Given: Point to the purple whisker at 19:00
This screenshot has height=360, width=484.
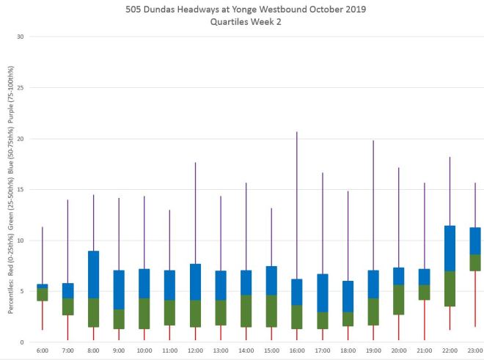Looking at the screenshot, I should tap(373, 205).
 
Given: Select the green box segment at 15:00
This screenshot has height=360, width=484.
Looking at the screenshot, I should tap(271, 311).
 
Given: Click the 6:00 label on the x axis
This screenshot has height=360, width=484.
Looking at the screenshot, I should tap(43, 351).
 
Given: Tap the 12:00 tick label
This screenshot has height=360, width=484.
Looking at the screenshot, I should tap(195, 351).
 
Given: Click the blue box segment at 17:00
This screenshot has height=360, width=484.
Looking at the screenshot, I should tap(322, 293).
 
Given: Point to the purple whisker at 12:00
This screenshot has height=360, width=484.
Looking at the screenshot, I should tap(195, 213).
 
